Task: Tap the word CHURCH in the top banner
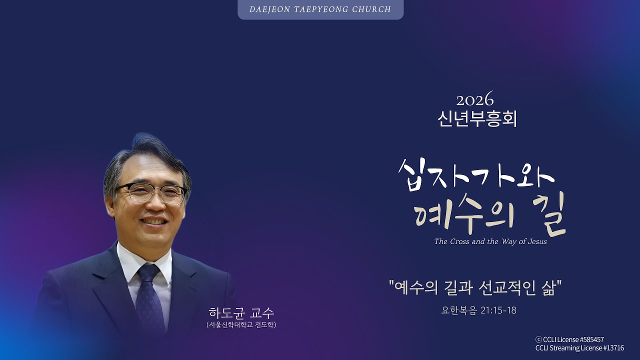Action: (370, 9)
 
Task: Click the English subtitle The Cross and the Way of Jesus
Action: (490, 241)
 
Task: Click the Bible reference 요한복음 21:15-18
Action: (478, 310)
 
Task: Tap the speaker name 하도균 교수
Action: (241, 313)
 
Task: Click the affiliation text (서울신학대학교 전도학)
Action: (241, 325)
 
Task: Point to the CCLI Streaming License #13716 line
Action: (579, 348)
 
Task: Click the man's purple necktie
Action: (149, 295)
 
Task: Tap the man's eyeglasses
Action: (151, 192)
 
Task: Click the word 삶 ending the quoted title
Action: (547, 288)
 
